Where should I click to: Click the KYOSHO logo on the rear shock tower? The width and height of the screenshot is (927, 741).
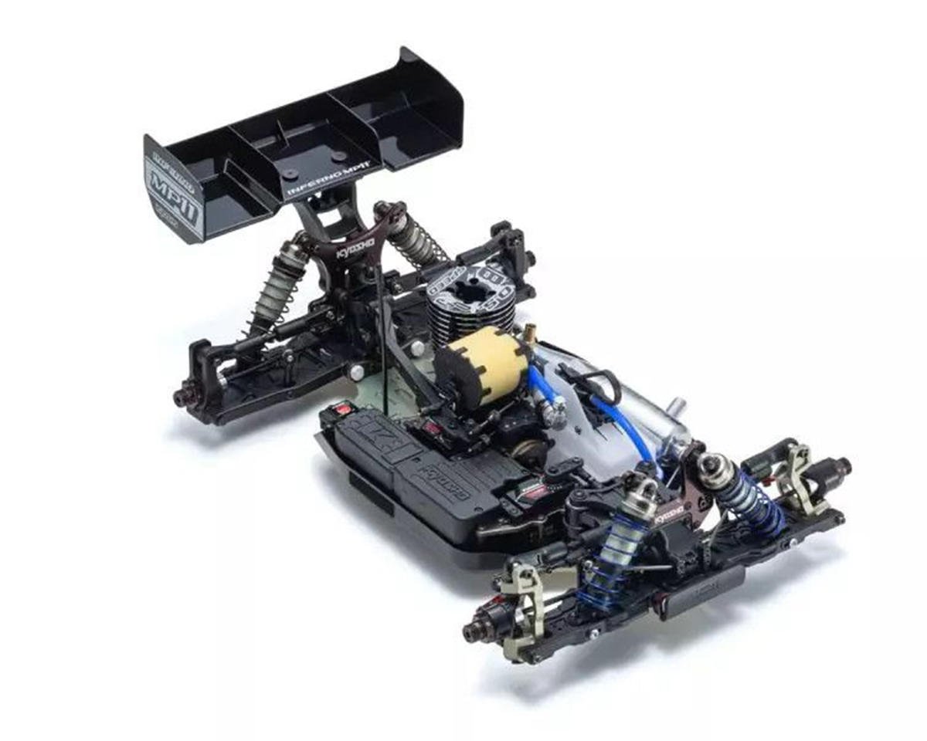[x=357, y=252]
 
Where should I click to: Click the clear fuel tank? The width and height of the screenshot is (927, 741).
[x=618, y=401]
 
